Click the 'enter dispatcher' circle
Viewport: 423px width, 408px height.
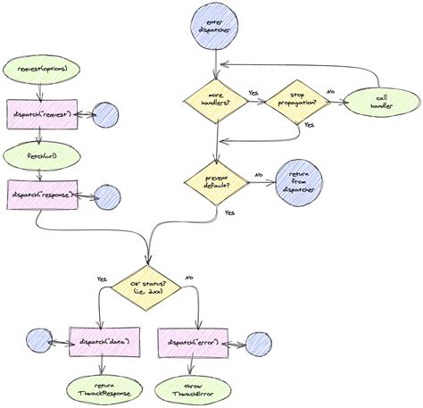point(212,28)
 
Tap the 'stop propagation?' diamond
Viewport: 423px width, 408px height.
point(294,101)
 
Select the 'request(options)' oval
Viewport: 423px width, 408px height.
point(42,69)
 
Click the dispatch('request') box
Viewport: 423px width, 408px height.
point(43,113)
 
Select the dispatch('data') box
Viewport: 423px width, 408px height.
point(100,342)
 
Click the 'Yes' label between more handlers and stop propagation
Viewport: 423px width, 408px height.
point(253,92)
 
